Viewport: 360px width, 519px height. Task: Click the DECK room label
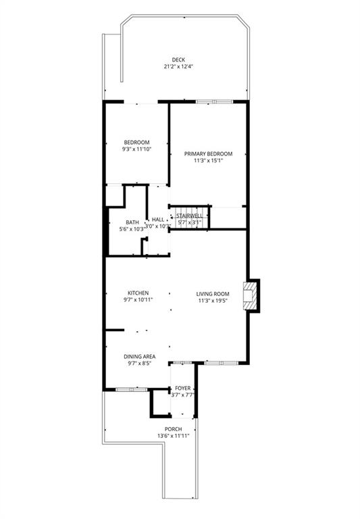tap(178, 59)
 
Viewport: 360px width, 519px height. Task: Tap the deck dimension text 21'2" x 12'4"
tap(178, 67)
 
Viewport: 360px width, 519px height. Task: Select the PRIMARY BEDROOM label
tap(209, 153)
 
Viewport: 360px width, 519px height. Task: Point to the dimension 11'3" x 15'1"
tap(209, 161)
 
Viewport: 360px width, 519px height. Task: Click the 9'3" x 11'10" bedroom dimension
tap(136, 149)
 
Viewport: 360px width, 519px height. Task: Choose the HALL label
tap(158, 220)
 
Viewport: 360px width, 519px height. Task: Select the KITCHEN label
tap(136, 293)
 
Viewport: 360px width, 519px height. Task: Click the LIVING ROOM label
tap(213, 293)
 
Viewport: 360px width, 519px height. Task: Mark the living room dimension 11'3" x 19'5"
tap(213, 301)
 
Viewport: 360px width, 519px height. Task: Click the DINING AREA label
tap(139, 356)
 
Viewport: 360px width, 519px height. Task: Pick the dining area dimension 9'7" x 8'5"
tap(139, 364)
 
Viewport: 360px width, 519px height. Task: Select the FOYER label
tap(182, 388)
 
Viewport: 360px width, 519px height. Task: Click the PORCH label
tap(173, 428)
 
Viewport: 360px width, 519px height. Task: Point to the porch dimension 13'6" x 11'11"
tap(173, 436)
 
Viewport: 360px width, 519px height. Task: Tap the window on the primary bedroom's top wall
tap(214, 102)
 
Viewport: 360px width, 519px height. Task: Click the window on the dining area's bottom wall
tap(132, 390)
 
